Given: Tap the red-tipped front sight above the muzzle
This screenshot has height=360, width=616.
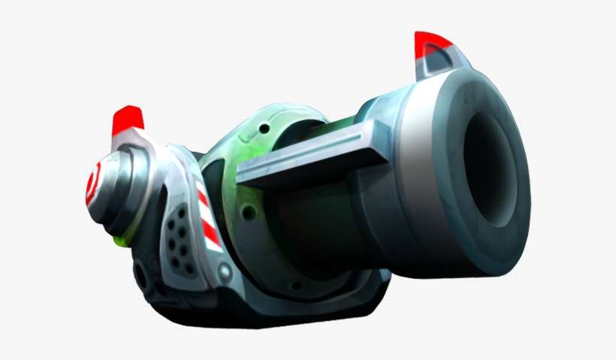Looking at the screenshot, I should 432,42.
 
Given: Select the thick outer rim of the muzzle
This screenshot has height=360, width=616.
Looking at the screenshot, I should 518,225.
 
